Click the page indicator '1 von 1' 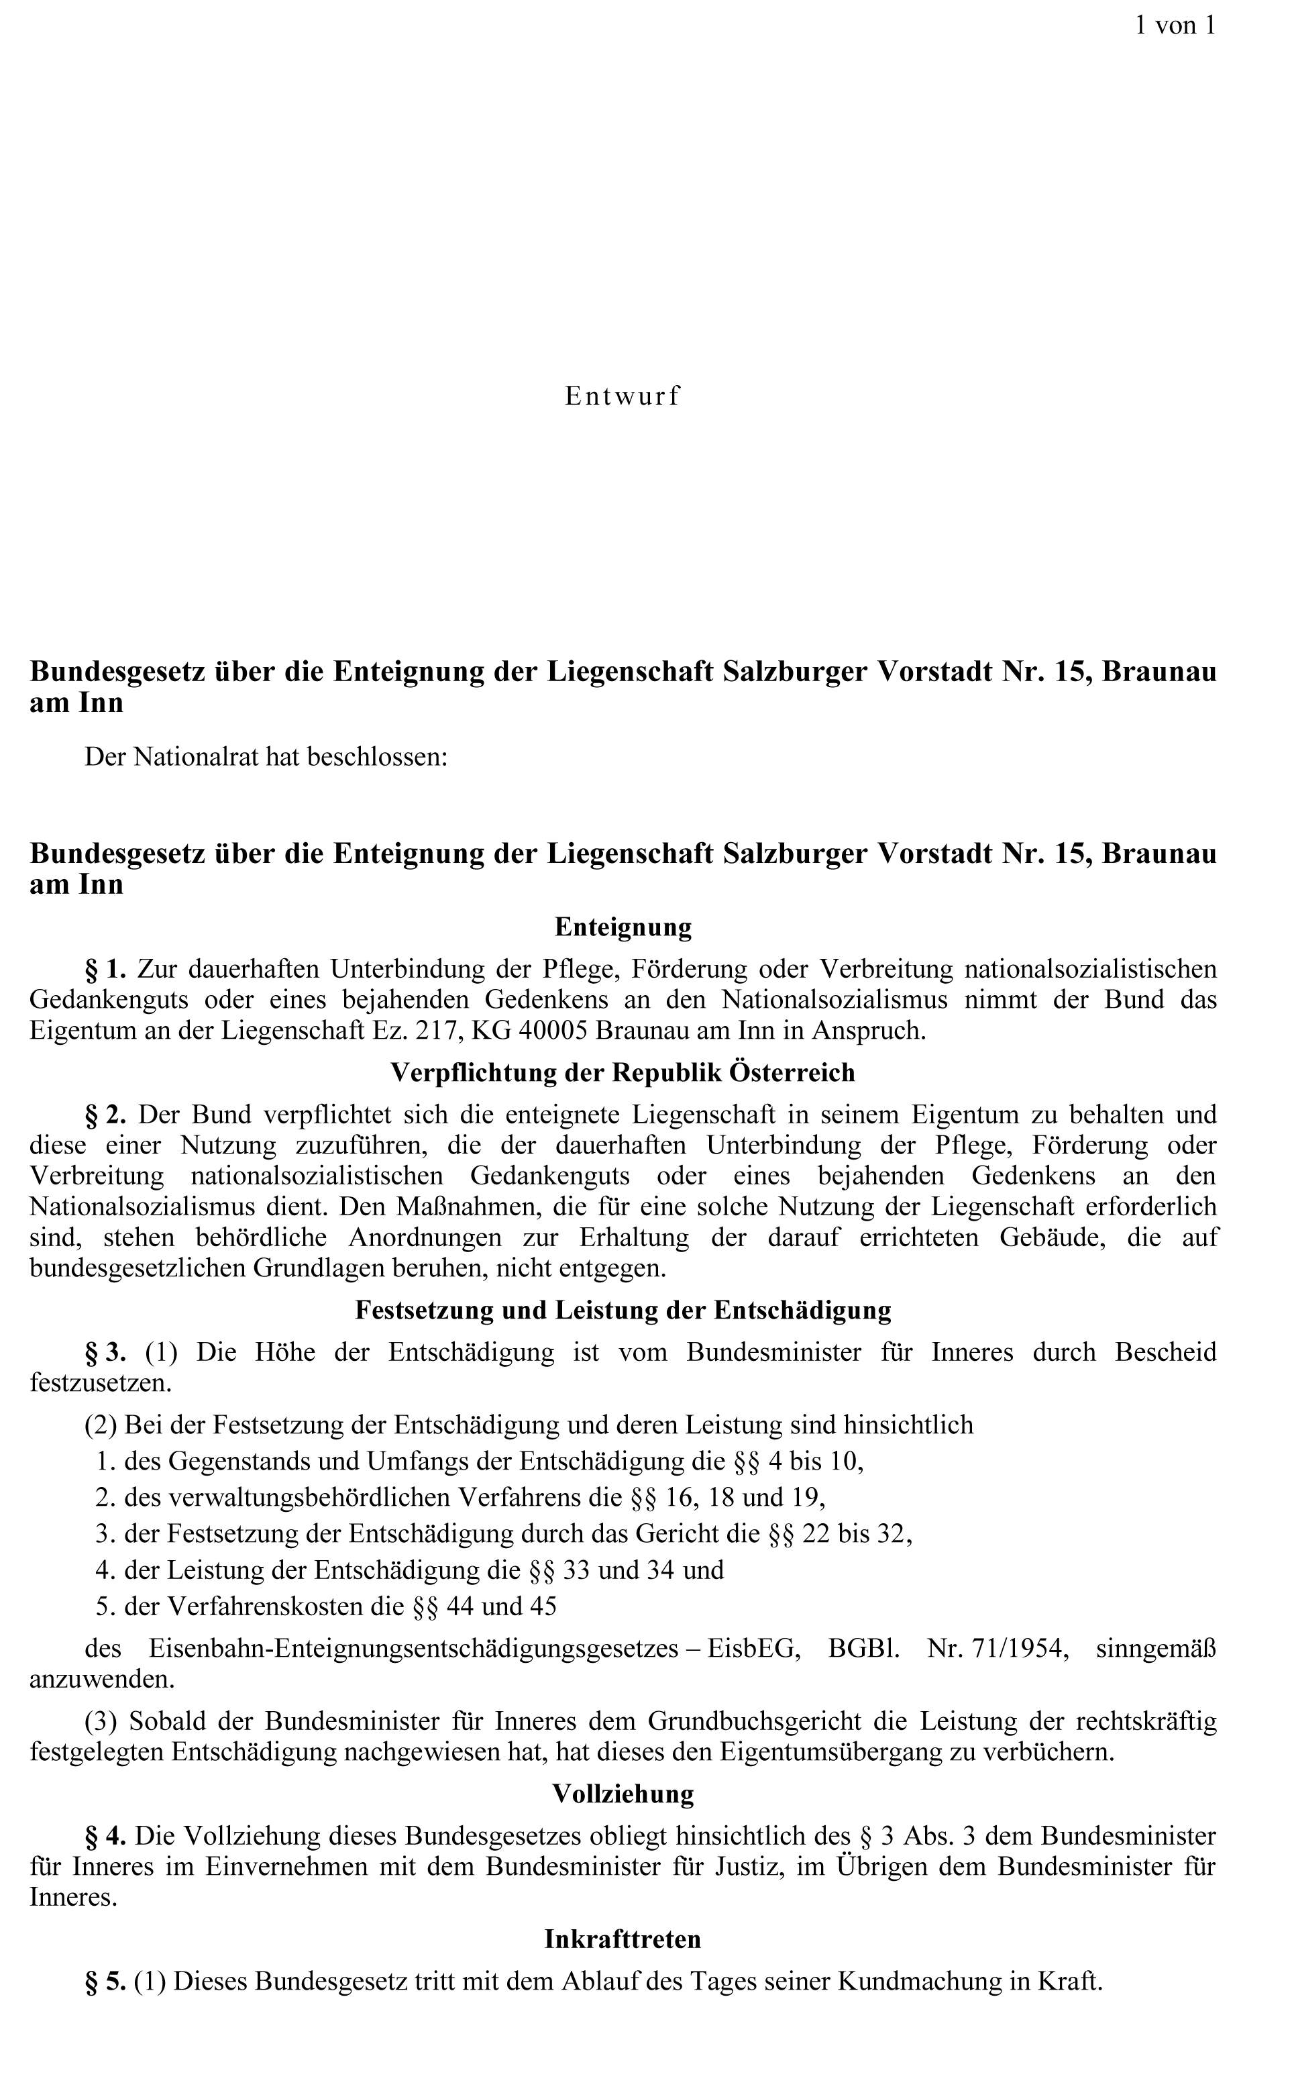point(1174,25)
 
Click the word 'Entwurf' point(622,397)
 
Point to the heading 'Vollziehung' point(623,1794)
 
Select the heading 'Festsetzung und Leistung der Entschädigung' point(623,1310)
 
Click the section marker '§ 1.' point(106,969)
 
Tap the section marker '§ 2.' point(106,1115)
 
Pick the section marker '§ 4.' point(106,1835)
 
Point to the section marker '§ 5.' point(106,1981)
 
